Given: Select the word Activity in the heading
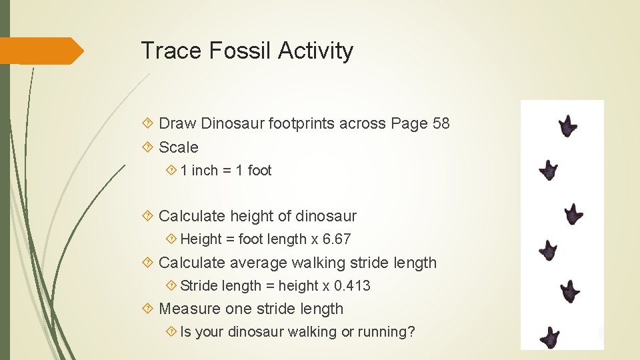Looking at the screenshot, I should (x=316, y=51).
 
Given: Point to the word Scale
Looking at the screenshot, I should (x=179, y=147).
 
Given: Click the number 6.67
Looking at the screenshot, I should (x=336, y=239).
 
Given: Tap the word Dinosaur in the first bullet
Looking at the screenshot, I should (x=232, y=123).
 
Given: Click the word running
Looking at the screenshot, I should (x=381, y=331).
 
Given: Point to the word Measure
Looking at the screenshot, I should (x=189, y=309).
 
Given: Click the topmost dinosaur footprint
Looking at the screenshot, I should (x=568, y=125).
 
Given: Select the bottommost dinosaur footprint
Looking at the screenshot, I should (x=549, y=337).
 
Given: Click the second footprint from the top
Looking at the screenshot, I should (x=548, y=170).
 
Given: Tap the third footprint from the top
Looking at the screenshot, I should (x=573, y=214).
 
